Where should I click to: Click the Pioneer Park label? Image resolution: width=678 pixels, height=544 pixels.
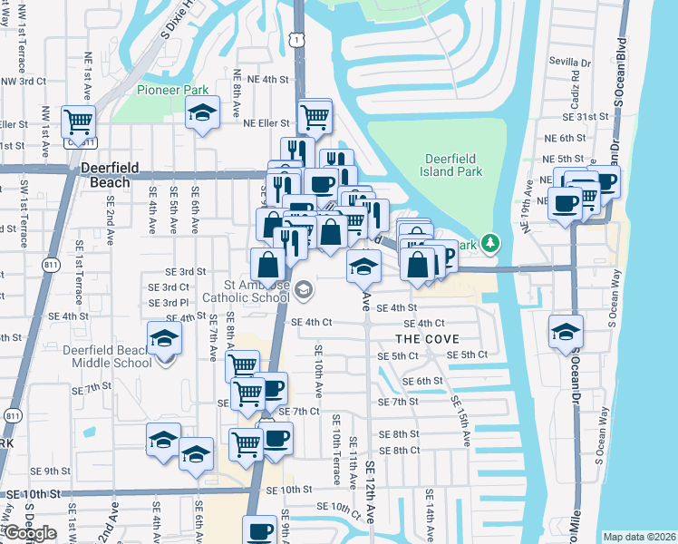coord(173,90)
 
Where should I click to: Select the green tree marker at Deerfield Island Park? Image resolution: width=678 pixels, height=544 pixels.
coord(490,243)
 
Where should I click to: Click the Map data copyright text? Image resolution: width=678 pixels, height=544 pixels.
coord(640,537)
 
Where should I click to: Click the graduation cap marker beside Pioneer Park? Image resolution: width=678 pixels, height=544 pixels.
coord(202,113)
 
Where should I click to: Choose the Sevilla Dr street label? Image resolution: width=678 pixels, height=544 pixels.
coord(570,63)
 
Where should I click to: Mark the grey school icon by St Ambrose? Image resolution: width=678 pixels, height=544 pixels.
coord(305,289)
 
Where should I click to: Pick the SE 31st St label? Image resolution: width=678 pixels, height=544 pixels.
coord(585,117)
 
